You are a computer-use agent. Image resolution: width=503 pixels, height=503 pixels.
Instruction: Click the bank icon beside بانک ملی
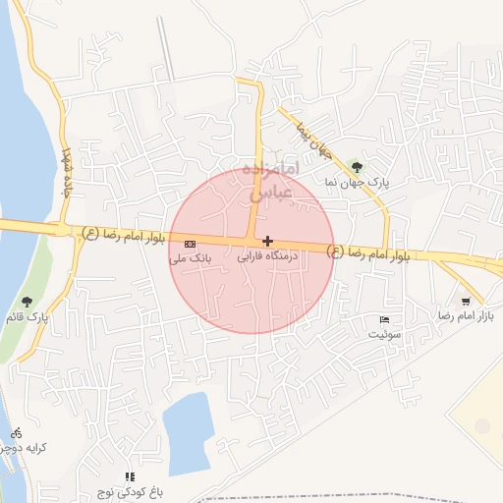190,244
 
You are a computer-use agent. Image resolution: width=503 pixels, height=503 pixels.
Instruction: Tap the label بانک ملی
191,258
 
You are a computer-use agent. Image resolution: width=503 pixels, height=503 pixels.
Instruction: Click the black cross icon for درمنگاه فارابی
267,241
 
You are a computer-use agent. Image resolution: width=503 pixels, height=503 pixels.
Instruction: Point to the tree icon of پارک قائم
27,302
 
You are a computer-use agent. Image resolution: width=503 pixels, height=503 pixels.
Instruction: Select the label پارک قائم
27,317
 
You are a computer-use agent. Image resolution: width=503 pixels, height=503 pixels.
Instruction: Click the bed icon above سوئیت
385,320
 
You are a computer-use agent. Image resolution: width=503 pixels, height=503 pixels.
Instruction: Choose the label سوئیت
385,335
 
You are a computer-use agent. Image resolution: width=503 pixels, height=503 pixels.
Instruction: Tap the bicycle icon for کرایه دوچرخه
16,432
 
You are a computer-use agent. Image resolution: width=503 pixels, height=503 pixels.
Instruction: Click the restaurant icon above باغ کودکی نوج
130,476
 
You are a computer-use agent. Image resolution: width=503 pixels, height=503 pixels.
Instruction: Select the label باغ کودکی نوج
129,490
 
